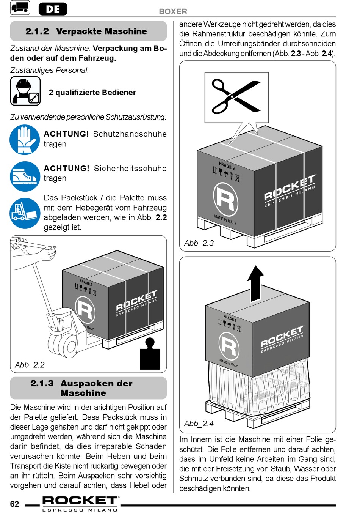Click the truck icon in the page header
20,8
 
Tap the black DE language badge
53,9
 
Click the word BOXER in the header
173,11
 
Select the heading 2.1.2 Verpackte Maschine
86,31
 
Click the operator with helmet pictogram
25,91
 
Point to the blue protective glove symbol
25,140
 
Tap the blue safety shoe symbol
25,176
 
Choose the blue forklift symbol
25,213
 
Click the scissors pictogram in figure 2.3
236,97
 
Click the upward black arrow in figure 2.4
255,284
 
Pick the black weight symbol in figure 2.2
150,354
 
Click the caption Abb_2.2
30,365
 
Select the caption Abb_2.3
199,243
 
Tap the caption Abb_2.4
199,423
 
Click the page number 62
14,504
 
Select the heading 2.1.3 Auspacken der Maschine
81,388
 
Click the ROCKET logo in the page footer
80,504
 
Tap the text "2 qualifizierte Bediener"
92,93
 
